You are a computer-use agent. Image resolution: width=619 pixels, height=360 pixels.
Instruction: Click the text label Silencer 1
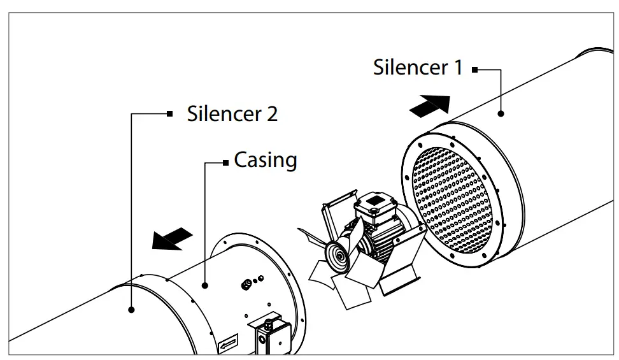[x=418, y=67]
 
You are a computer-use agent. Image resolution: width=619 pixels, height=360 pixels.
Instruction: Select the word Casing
[x=266, y=159]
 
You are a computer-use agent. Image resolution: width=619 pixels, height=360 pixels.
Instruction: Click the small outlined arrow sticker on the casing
[x=227, y=345]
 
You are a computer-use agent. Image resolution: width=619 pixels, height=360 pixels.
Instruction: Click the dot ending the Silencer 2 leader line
[x=131, y=310]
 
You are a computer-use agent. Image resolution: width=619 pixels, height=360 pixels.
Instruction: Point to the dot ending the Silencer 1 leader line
[x=501, y=113]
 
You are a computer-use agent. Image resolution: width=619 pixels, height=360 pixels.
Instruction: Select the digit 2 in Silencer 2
[x=271, y=114]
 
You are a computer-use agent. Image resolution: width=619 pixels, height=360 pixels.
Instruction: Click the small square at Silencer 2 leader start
[x=169, y=114]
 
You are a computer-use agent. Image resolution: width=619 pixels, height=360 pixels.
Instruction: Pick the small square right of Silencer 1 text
[x=474, y=69]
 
